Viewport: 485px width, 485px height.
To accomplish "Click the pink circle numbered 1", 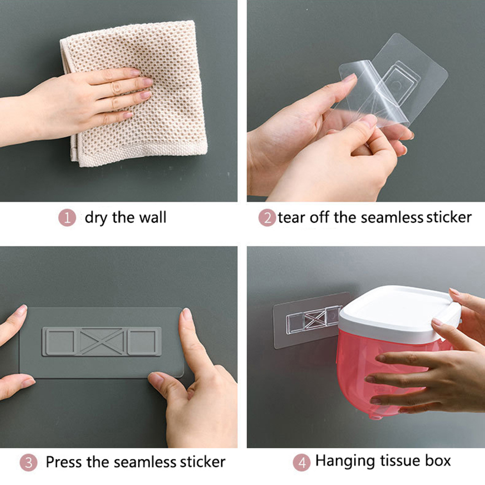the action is (x=67, y=217).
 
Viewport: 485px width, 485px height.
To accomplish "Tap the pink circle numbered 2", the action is (x=267, y=217).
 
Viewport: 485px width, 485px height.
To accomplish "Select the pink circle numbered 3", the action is (x=29, y=462).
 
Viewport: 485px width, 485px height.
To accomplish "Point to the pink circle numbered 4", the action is (x=302, y=462).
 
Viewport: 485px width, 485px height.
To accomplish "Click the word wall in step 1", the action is (x=152, y=217).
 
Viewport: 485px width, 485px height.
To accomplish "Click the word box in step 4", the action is (x=438, y=461).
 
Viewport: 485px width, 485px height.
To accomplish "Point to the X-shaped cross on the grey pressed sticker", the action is (x=102, y=342).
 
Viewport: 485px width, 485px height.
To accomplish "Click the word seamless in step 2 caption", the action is (x=392, y=217).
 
